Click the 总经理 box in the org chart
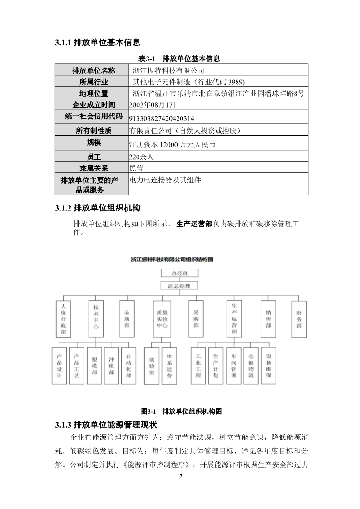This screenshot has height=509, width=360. (180, 273)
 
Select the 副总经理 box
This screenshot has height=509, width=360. (180, 286)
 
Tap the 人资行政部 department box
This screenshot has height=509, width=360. (63, 319)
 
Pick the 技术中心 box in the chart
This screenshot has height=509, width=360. (96, 319)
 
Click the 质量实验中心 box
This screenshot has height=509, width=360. (162, 319)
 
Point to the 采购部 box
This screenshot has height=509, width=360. (196, 319)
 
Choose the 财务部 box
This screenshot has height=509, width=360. (299, 319)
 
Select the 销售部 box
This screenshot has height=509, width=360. (268, 319)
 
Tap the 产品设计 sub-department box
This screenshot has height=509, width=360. (59, 366)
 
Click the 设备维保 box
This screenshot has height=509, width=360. (269, 366)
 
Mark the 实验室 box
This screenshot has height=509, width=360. (152, 366)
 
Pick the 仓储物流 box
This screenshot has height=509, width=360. (251, 366)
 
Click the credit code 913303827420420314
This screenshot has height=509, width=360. (162, 119)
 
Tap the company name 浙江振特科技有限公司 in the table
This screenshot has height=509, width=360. (168, 70)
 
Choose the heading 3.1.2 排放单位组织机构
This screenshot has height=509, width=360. (98, 208)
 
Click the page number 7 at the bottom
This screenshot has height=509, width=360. (181, 476)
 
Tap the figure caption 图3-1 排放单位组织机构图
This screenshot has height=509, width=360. (181, 411)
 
